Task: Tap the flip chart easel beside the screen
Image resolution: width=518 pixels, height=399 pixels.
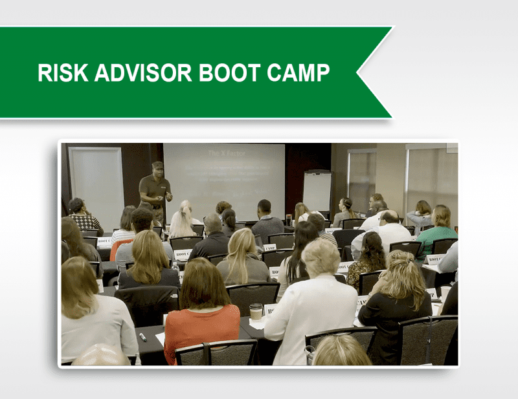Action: click(317, 191)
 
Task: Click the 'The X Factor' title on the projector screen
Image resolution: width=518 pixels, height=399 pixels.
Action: click(222, 153)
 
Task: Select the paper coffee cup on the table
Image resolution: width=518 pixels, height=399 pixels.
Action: click(256, 311)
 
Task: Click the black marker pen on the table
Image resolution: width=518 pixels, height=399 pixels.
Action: click(142, 337)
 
